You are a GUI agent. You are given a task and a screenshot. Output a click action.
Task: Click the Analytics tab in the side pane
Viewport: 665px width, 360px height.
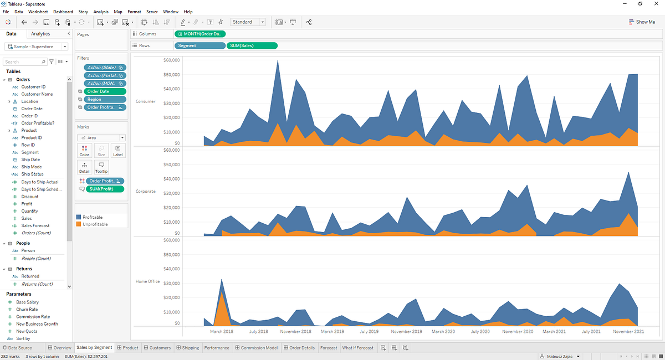40,34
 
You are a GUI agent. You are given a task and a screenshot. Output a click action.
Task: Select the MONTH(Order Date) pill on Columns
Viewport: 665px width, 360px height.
200,34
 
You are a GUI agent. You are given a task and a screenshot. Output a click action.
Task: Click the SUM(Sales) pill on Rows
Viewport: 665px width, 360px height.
252,46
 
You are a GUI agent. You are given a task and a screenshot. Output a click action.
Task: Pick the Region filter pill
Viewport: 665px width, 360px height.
105,100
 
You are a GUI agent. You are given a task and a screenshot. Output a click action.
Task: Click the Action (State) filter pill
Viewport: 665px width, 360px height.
105,68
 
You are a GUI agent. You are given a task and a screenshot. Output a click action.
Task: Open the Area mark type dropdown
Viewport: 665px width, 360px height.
101,138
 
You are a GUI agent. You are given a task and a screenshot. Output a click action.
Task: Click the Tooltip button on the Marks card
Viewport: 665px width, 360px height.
101,167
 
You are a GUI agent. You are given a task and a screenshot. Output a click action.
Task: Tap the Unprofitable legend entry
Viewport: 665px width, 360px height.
92,224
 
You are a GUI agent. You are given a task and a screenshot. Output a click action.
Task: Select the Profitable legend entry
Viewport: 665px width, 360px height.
89,217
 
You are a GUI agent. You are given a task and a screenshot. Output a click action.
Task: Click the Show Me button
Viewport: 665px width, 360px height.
642,22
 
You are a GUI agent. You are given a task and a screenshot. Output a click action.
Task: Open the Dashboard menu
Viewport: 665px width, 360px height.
63,12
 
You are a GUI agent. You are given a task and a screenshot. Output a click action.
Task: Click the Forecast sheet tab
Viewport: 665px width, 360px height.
329,348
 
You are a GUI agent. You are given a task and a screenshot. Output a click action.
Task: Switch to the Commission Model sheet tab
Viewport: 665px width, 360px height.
256,348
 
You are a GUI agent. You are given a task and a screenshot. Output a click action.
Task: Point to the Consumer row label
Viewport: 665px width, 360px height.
145,101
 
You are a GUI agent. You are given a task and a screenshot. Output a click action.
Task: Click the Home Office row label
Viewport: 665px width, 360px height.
147,281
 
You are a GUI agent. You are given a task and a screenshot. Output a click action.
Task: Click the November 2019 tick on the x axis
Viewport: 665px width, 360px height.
406,332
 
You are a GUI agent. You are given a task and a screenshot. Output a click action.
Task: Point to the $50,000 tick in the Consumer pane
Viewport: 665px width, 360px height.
171,75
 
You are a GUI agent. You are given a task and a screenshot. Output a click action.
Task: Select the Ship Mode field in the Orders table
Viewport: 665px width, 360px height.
32,167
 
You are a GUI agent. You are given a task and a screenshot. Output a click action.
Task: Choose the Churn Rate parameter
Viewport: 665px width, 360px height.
27,309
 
